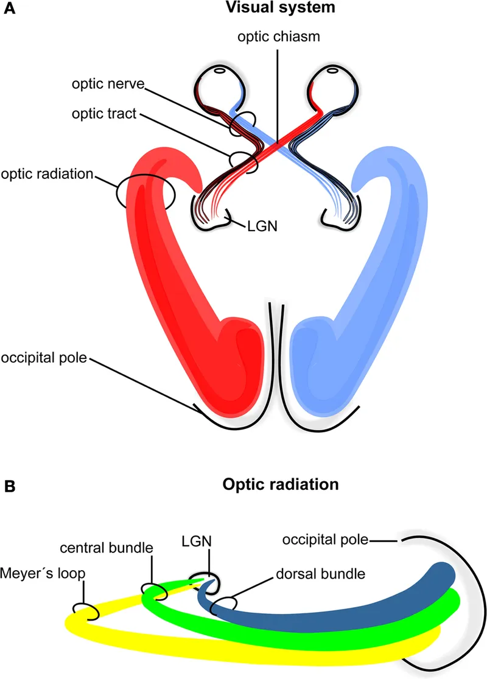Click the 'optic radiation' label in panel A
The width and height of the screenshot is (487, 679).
[47, 175]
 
